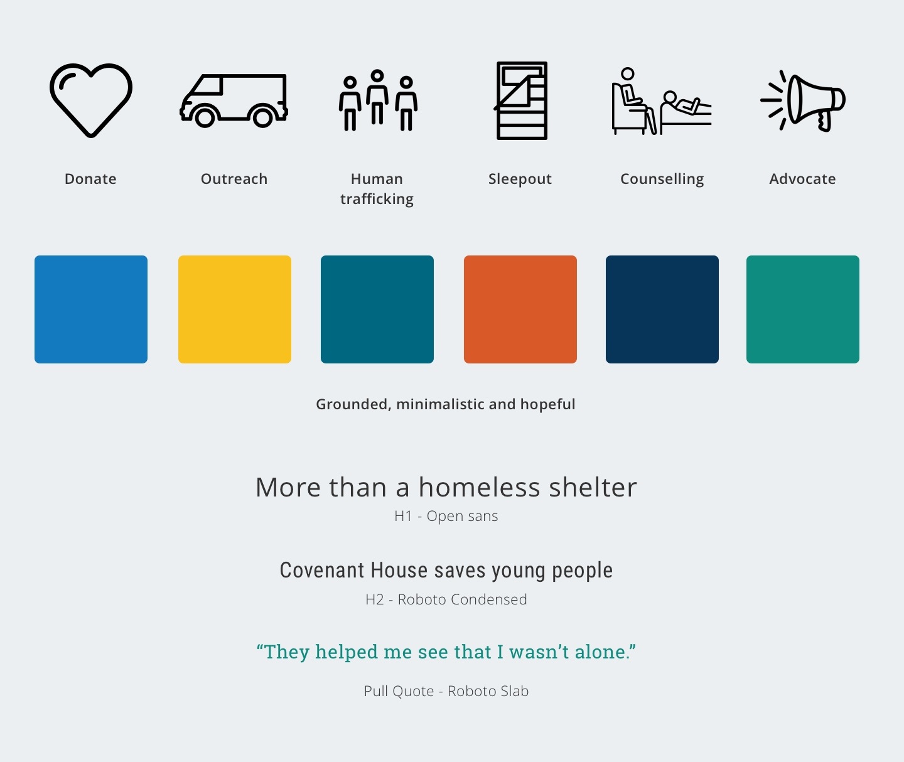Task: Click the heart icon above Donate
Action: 91,99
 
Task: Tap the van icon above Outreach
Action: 234,100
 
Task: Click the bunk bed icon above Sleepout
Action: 522,100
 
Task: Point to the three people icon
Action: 377,100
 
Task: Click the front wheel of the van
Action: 205,117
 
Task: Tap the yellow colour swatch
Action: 235,309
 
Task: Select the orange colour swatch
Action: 520,309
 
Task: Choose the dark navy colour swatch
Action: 662,309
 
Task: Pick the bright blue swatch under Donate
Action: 91,309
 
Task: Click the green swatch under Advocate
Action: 803,309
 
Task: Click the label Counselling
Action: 662,179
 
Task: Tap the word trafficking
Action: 377,199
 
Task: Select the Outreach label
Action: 234,179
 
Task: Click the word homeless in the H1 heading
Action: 479,488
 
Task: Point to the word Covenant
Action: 322,571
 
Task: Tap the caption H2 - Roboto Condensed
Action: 446,599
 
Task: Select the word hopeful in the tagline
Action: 546,404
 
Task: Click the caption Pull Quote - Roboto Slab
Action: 446,691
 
